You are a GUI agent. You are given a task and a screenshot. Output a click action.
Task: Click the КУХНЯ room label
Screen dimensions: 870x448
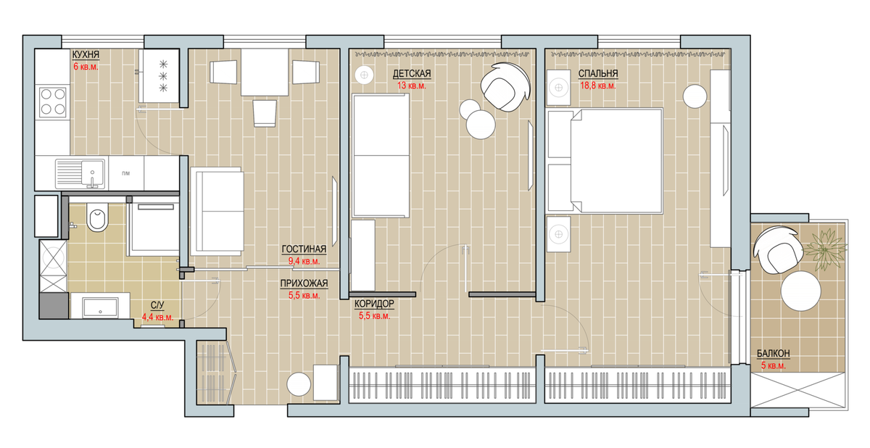click(x=86, y=55)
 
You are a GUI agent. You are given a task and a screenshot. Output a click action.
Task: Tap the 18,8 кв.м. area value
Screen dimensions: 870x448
click(x=597, y=86)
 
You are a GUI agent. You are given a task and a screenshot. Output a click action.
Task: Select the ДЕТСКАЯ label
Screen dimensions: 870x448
click(x=412, y=74)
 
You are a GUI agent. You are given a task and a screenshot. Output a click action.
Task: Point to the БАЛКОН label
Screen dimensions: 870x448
click(x=774, y=354)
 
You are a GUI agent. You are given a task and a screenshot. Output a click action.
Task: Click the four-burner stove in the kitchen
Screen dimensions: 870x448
click(x=53, y=102)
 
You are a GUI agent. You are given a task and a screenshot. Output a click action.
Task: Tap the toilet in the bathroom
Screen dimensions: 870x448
click(x=96, y=219)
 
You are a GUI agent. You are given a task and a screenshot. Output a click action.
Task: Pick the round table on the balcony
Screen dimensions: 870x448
click(x=801, y=291)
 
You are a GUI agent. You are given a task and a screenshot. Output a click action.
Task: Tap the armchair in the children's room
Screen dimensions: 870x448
click(x=505, y=88)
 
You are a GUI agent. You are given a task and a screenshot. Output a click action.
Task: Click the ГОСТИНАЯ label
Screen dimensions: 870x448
click(x=304, y=249)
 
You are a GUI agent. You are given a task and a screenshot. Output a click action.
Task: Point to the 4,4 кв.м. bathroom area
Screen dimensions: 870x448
click(x=157, y=318)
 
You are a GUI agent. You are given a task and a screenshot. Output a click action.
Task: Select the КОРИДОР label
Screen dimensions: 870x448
click(x=374, y=304)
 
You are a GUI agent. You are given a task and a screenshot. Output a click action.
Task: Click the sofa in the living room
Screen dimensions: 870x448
click(x=217, y=211)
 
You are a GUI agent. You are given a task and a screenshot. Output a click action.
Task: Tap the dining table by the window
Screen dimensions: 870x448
click(x=265, y=72)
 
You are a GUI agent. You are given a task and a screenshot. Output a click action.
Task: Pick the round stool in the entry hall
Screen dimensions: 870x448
click(x=299, y=384)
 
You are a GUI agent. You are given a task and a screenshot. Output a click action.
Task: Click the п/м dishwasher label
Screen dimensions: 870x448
click(x=126, y=173)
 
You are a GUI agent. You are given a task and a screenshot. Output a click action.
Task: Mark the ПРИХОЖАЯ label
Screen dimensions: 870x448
click(x=304, y=283)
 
